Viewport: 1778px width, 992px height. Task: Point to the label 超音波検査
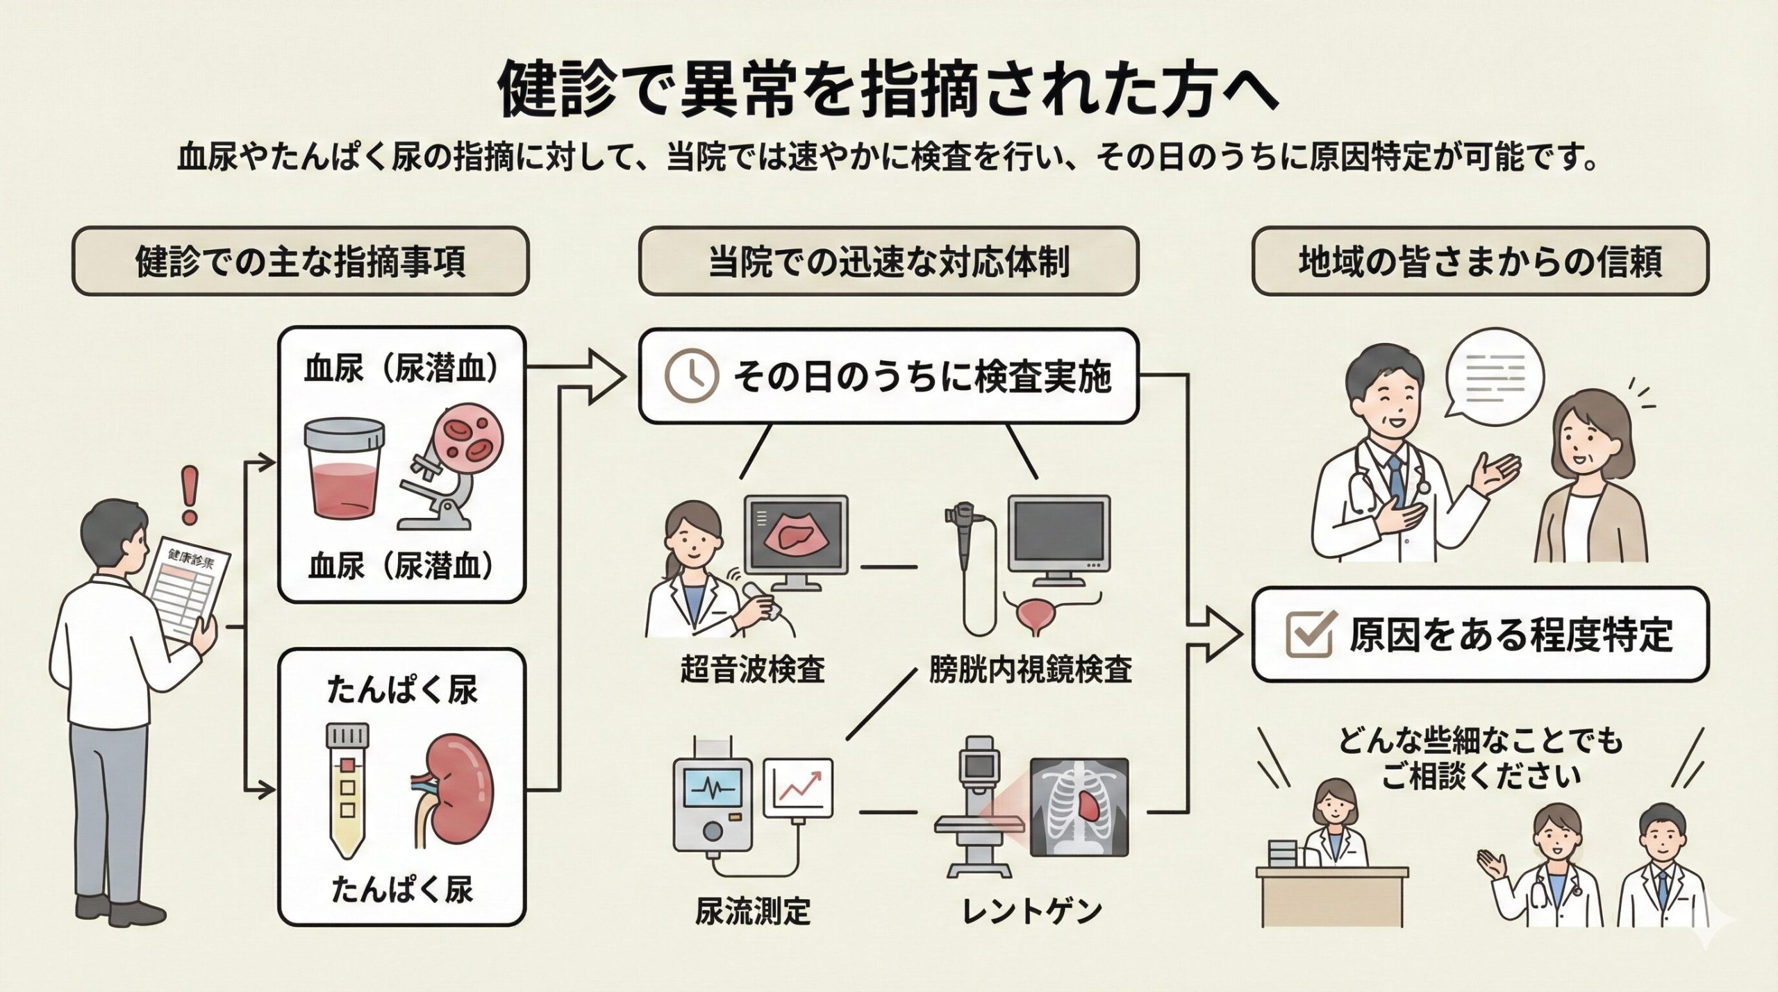pyautogui.click(x=752, y=670)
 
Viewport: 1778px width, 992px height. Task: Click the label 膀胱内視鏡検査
pyautogui.click(x=1031, y=670)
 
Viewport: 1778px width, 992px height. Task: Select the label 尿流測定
pyautogui.click(x=753, y=910)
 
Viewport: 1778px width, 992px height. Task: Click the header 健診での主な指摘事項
pyautogui.click(x=300, y=262)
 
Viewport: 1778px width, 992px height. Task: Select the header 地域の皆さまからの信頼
pyautogui.click(x=1480, y=262)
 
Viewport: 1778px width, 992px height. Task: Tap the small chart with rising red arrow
pyautogui.click(x=798, y=787)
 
